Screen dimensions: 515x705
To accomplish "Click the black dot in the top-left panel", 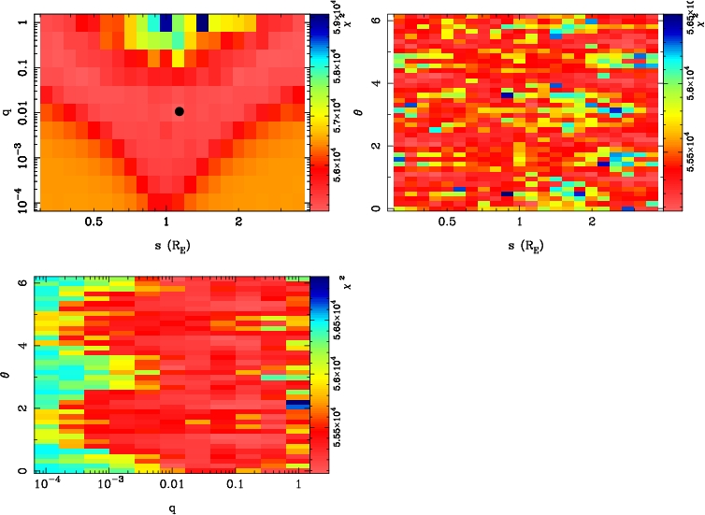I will click(x=179, y=111).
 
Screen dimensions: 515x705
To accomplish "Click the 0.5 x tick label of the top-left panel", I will click(x=94, y=222).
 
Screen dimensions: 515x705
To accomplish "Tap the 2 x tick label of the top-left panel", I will click(x=239, y=222).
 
